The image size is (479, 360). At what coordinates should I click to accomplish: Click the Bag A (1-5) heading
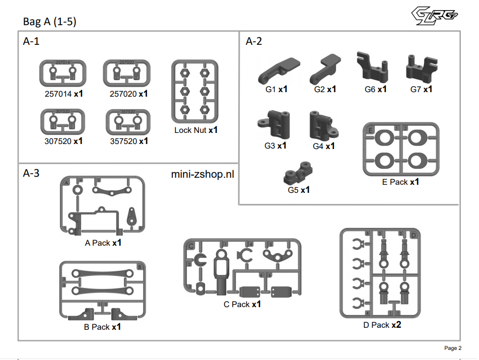(x=50, y=22)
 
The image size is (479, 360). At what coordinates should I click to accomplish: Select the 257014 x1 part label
(x=63, y=94)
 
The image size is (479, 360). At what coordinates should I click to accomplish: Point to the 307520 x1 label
(x=63, y=141)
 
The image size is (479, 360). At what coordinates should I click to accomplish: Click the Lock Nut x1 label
(x=196, y=130)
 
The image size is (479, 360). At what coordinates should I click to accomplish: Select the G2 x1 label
(x=325, y=90)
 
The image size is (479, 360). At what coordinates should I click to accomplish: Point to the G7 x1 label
(x=421, y=90)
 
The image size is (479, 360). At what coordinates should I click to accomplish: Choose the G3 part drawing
(x=275, y=124)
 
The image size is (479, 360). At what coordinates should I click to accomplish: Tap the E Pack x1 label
(x=400, y=182)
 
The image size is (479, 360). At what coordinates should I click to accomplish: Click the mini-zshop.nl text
(x=203, y=174)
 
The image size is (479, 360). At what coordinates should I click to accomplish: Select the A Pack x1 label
(x=103, y=243)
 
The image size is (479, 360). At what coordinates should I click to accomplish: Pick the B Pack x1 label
(x=102, y=327)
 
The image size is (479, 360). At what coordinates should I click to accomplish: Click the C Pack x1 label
(x=242, y=304)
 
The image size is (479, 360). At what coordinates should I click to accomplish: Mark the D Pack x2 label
(x=382, y=325)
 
